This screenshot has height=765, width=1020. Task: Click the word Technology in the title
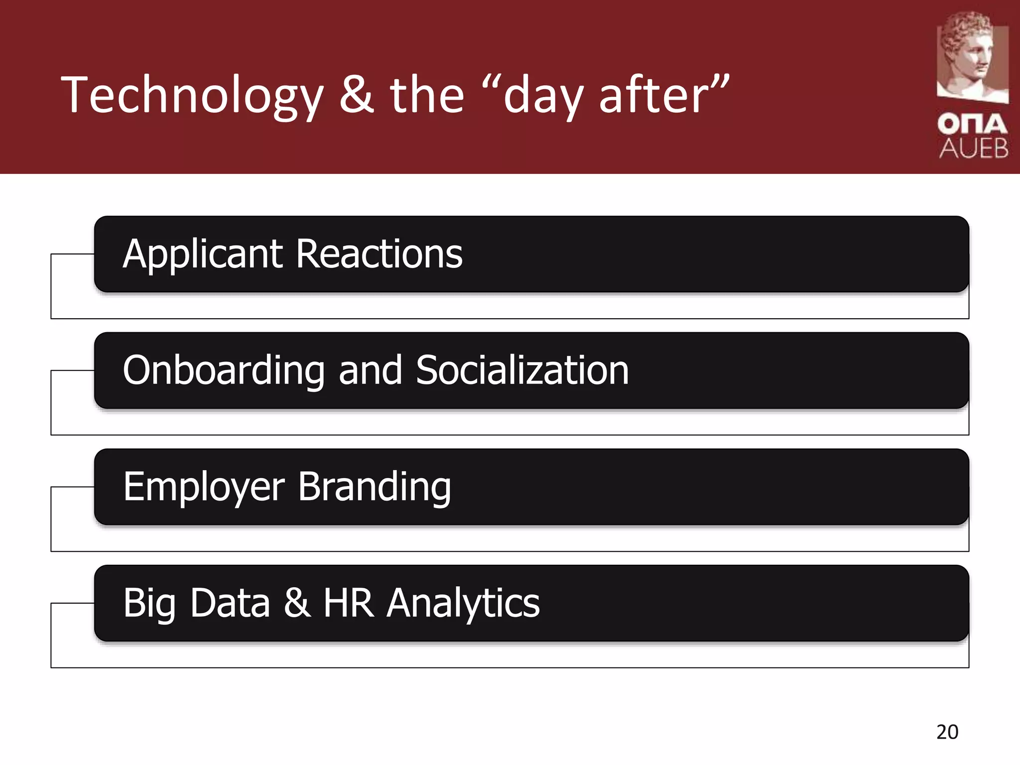pos(192,96)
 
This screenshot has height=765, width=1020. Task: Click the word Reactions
pos(379,254)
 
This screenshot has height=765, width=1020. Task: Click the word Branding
pos(375,487)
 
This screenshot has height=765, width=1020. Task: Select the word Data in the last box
pos(230,603)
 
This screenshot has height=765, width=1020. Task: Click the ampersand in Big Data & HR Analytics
pos(297,603)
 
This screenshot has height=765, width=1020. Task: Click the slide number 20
pos(947,732)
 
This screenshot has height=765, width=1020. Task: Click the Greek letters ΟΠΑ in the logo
pos(973,124)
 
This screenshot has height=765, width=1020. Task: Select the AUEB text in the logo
pos(974,148)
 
